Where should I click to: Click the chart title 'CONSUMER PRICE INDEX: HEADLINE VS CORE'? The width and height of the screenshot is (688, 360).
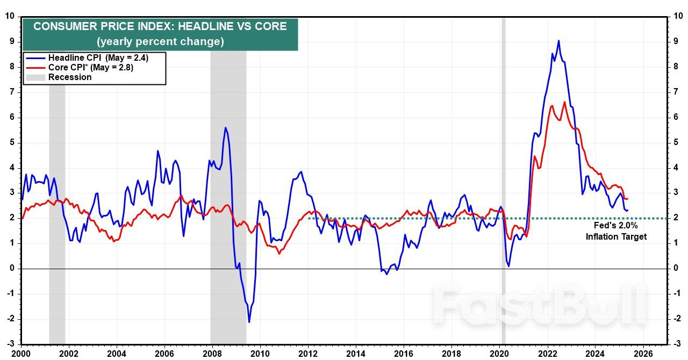point(160,26)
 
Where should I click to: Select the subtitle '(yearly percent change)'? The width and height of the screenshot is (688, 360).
point(160,41)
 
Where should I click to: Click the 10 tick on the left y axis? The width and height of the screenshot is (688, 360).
point(10,16)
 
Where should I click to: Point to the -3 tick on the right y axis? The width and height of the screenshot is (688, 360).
point(677,344)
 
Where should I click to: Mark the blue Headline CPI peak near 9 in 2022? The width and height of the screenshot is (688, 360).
point(558,41)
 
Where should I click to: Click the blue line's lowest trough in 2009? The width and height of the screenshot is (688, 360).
point(249,322)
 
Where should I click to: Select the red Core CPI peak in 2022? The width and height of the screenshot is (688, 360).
point(564,102)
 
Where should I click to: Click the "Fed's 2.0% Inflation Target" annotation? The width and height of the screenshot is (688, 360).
point(616,231)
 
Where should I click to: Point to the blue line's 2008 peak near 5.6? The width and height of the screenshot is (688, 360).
point(225,128)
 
